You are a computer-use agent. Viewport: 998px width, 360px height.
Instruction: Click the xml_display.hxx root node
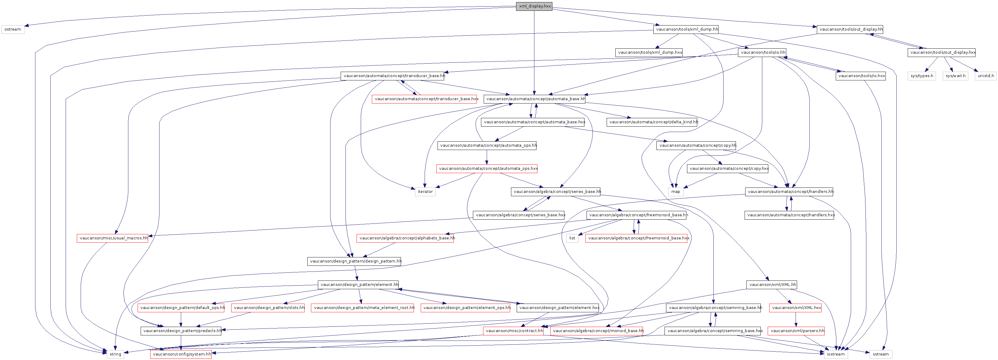pyautogui.click(x=534, y=6)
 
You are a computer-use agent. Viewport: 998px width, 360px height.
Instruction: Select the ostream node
pyautogui.click(x=13, y=29)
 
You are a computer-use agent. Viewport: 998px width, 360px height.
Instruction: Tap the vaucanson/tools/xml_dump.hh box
pyautogui.click(x=686, y=29)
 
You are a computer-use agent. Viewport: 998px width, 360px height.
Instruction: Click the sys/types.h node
pyautogui.click(x=922, y=76)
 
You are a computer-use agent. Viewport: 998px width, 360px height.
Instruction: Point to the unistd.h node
pyautogui.click(x=985, y=76)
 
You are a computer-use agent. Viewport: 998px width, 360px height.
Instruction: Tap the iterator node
pyautogui.click(x=425, y=192)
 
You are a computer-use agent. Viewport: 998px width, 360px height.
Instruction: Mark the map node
pyautogui.click(x=675, y=192)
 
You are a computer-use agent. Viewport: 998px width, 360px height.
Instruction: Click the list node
pyautogui.click(x=572, y=238)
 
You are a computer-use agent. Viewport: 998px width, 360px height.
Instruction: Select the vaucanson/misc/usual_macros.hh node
pyautogui.click(x=112, y=238)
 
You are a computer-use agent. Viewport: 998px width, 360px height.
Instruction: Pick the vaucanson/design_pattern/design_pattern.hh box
pyautogui.click(x=354, y=262)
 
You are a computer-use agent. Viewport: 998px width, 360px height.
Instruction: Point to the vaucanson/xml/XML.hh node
pyautogui.click(x=772, y=285)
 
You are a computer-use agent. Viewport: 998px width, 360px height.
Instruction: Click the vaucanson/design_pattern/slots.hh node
pyautogui.click(x=268, y=308)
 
